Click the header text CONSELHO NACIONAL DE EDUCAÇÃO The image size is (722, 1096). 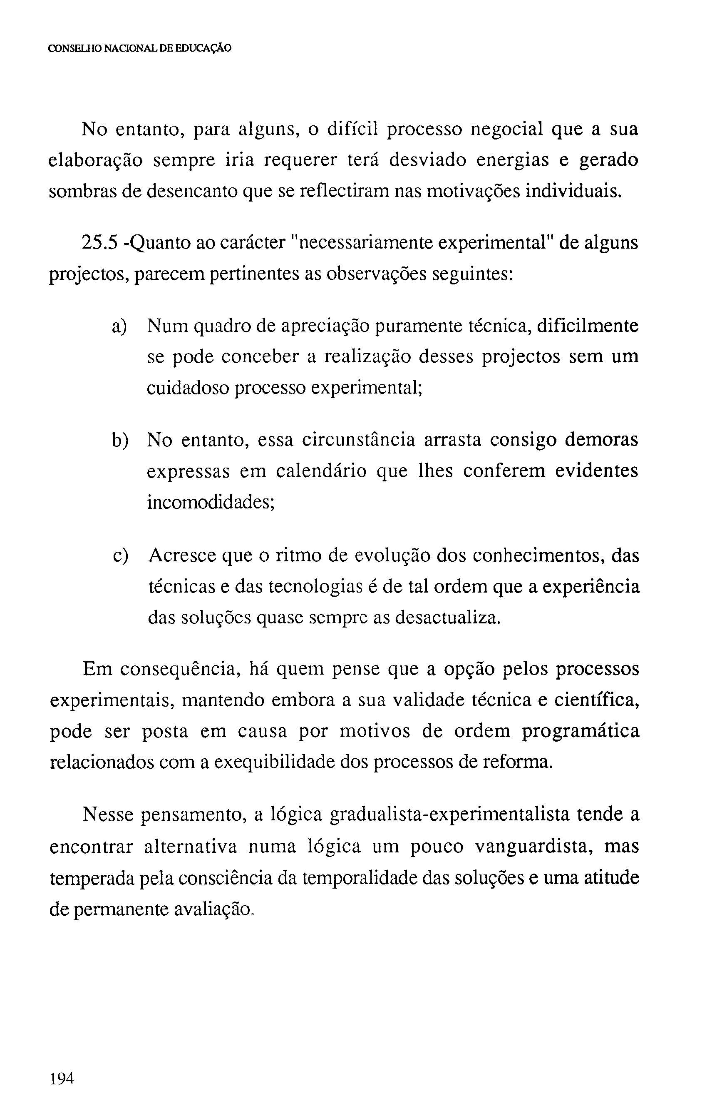click(139, 48)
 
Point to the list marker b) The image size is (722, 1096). click(120, 440)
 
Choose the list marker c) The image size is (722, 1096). click(120, 555)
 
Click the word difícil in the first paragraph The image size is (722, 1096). click(352, 130)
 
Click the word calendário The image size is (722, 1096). click(321, 471)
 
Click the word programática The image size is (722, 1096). click(580, 731)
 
